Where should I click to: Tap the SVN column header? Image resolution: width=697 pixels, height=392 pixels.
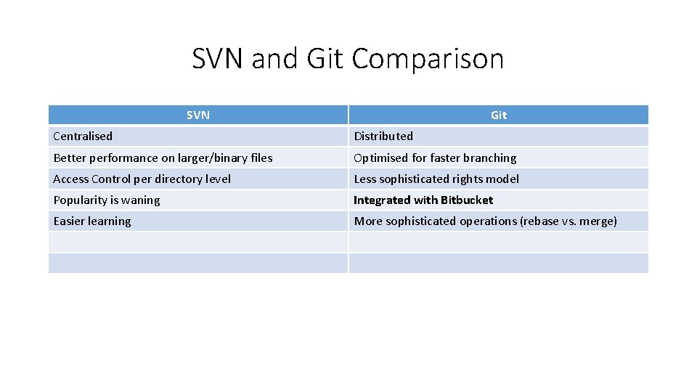click(x=197, y=115)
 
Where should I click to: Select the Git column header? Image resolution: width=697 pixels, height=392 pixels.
click(x=499, y=115)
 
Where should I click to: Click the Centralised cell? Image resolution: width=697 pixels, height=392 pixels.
click(x=83, y=136)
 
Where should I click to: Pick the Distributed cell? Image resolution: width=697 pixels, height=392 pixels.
click(x=383, y=136)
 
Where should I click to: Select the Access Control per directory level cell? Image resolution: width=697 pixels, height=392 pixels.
click(x=142, y=179)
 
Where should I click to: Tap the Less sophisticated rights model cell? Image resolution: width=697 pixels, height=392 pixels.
click(x=436, y=179)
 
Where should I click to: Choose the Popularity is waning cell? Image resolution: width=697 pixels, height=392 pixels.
click(x=107, y=200)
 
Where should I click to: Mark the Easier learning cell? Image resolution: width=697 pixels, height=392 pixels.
click(x=92, y=221)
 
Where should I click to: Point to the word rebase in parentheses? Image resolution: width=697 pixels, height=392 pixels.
click(x=541, y=221)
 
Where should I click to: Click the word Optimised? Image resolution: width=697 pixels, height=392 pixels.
click(x=381, y=158)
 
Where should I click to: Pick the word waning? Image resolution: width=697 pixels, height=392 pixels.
click(x=141, y=200)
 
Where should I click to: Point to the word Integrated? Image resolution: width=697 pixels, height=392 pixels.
click(x=382, y=200)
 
